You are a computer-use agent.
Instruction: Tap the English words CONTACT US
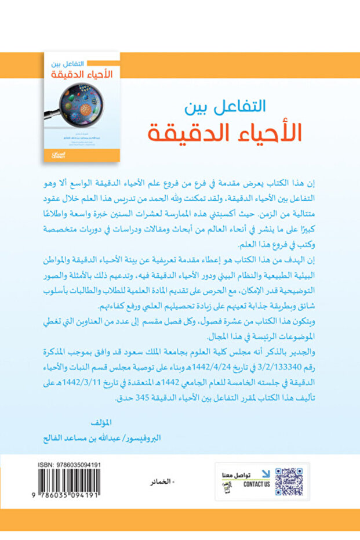[257, 484]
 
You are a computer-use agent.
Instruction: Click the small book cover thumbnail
[82, 106]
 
